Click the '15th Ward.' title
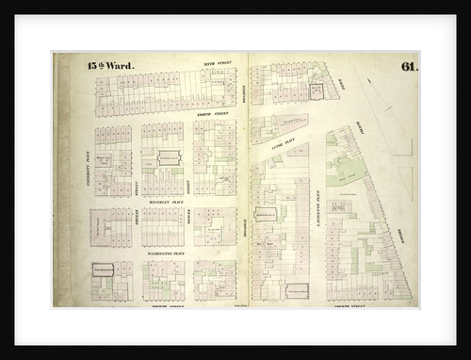(x=110, y=67)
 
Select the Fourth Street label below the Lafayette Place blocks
(x=341, y=307)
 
